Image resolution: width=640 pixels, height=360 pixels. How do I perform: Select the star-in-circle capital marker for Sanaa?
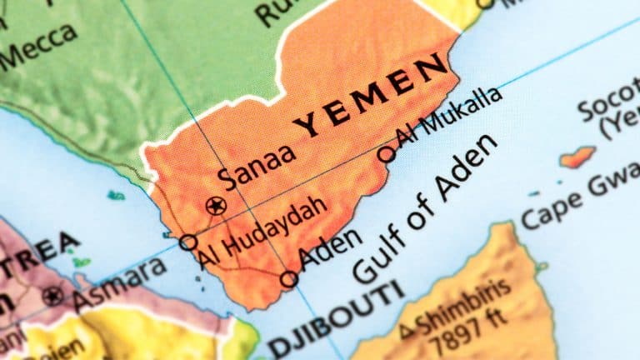(217, 204)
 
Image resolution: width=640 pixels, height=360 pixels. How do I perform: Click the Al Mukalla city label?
(450, 117)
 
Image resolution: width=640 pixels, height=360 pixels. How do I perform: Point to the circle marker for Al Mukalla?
(387, 153)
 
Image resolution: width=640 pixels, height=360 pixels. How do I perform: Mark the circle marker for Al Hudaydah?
(189, 242)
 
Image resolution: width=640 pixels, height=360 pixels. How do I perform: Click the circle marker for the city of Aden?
(289, 279)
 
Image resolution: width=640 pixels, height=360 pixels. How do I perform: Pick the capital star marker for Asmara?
(54, 295)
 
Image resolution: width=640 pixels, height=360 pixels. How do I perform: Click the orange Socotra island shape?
(577, 156)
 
